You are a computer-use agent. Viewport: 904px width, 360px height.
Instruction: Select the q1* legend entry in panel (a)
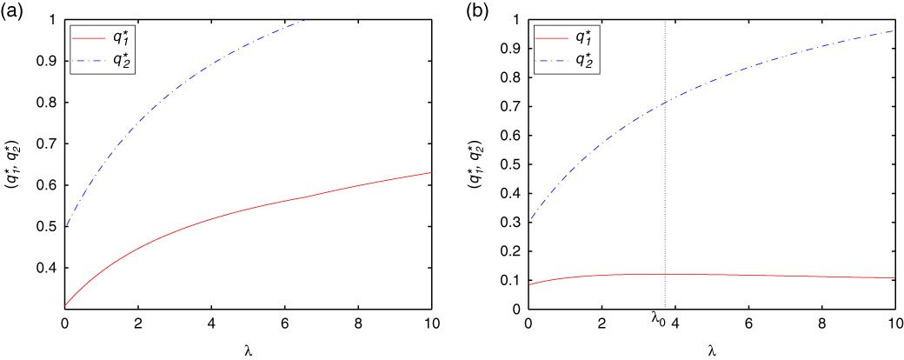click(x=130, y=37)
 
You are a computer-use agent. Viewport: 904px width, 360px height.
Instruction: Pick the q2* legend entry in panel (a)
click(x=130, y=60)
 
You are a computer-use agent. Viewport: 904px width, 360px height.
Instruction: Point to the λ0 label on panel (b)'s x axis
click(x=659, y=319)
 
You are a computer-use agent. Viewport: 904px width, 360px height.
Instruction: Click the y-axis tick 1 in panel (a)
click(x=53, y=19)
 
